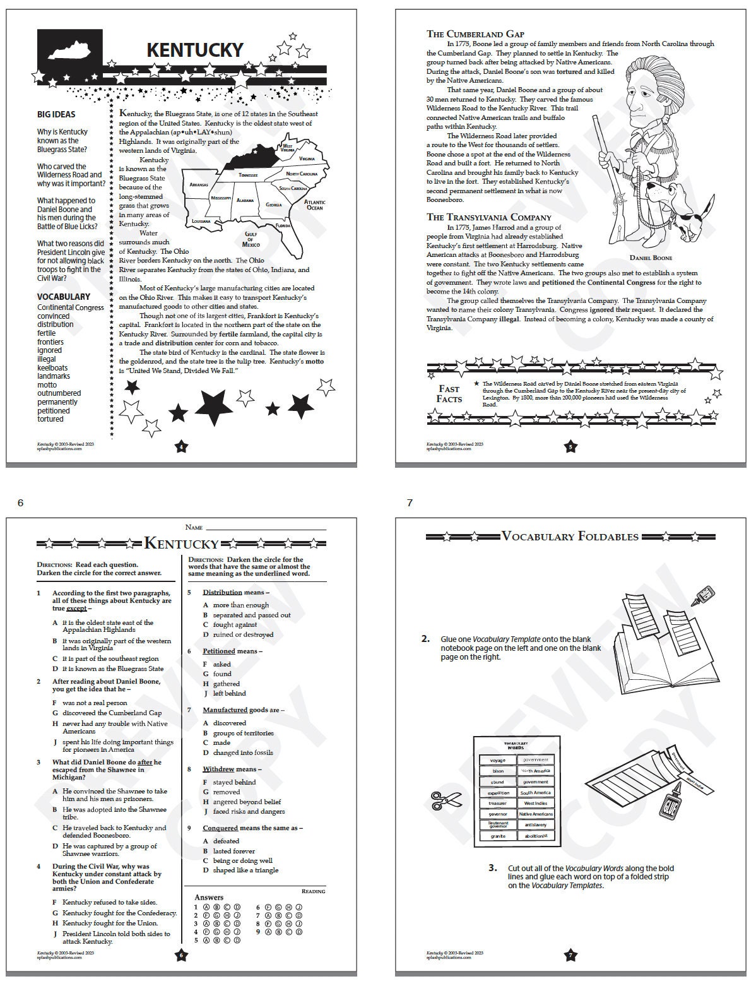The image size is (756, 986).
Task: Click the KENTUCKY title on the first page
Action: (x=194, y=50)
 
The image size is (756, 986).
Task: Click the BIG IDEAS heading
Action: (x=56, y=114)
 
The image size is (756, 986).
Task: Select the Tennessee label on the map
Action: (x=248, y=175)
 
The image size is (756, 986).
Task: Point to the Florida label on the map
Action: (x=283, y=225)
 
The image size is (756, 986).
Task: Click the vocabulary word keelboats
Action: (x=52, y=367)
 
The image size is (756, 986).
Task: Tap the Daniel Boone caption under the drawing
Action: (x=651, y=258)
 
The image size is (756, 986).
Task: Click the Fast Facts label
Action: (x=449, y=394)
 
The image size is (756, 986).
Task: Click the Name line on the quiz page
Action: (x=265, y=527)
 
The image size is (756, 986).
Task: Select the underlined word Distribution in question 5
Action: (x=222, y=592)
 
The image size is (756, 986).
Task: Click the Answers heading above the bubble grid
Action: (x=209, y=897)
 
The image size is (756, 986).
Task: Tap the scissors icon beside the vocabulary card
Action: (x=439, y=800)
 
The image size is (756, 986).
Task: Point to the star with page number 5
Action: (x=570, y=447)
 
